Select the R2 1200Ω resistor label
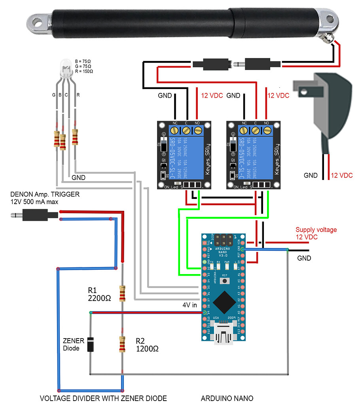tap(147, 345)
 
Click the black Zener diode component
tap(91, 344)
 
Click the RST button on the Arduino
tap(224, 280)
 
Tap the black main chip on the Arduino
tap(224, 303)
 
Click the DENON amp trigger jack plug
tap(34, 216)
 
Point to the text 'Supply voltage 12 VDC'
tap(316, 233)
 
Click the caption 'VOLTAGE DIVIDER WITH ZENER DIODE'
tap(103, 398)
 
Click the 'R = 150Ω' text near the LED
tap(83, 72)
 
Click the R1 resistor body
tap(122, 293)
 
